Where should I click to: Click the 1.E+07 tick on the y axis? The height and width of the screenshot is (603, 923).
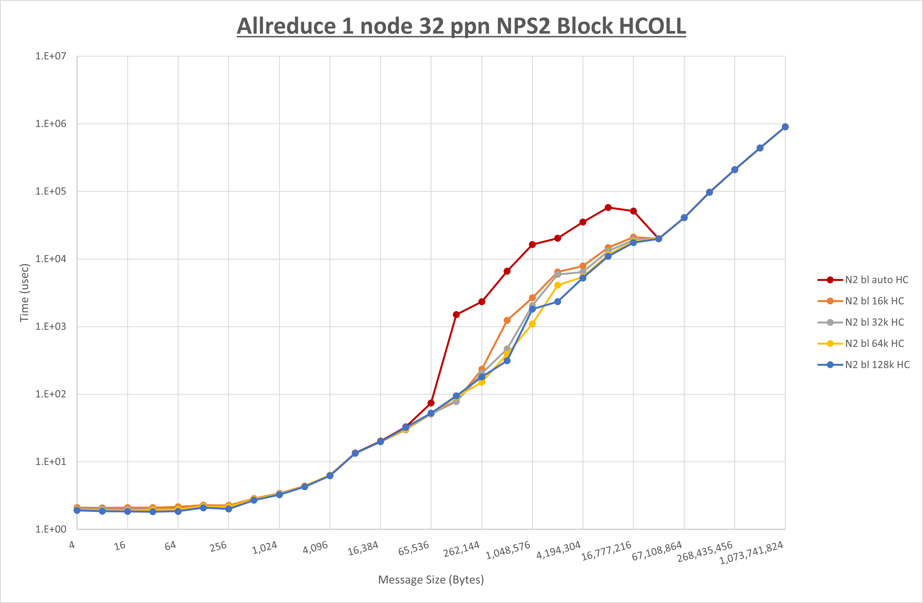click(x=51, y=56)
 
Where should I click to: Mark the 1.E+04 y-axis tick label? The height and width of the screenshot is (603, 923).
click(x=51, y=259)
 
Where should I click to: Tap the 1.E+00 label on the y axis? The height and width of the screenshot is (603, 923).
click(x=51, y=529)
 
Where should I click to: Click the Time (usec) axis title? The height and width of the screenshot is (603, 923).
click(x=24, y=293)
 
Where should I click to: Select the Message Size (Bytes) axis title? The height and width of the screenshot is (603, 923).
click(x=431, y=580)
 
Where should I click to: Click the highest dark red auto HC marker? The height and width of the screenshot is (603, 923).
click(x=608, y=208)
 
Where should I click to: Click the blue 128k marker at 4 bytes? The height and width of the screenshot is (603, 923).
click(x=77, y=510)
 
